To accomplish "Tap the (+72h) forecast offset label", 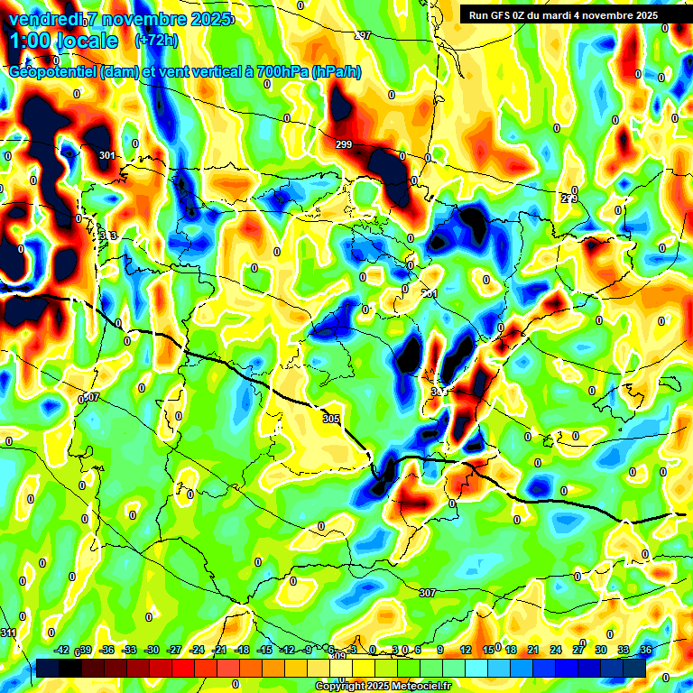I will (155, 41).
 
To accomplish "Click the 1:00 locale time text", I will (64, 41).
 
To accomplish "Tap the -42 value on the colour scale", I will (62, 650).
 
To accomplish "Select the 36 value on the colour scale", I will (645, 650).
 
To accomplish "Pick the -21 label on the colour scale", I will (219, 650).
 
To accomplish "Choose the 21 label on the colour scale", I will (533, 650).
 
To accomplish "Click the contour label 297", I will (363, 35).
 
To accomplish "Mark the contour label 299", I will (343, 144).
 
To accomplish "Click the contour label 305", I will (330, 419).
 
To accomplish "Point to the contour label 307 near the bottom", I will (428, 592).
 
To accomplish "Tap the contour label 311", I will (9, 633).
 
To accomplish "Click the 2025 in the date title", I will (210, 19).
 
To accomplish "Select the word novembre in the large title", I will (138, 19).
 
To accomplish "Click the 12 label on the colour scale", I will (466, 650).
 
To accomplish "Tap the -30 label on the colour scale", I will (152, 650).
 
